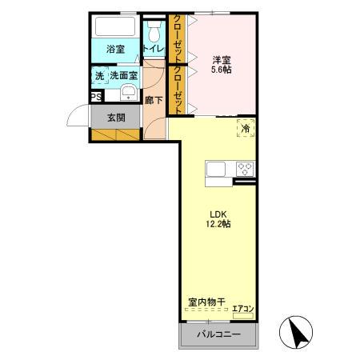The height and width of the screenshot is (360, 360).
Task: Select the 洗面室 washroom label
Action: (x=123, y=75)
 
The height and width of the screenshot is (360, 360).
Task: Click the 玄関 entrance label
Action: (x=115, y=117)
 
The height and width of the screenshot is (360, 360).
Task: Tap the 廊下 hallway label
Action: (x=154, y=101)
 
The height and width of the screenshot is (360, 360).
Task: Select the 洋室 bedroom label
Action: (x=221, y=59)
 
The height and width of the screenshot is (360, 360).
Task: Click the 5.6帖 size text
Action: (x=221, y=70)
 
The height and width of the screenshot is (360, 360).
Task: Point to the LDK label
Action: (x=218, y=214)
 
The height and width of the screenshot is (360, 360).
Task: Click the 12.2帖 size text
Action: (x=218, y=225)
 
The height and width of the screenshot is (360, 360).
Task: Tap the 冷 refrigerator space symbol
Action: (x=245, y=128)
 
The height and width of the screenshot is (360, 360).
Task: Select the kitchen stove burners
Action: (x=244, y=169)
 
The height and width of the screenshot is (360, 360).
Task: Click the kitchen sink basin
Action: (x=217, y=169)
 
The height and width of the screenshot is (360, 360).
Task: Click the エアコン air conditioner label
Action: (x=243, y=309)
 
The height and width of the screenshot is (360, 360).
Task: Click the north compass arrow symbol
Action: (x=298, y=330)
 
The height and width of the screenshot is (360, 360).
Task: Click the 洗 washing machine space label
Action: (x=99, y=75)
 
